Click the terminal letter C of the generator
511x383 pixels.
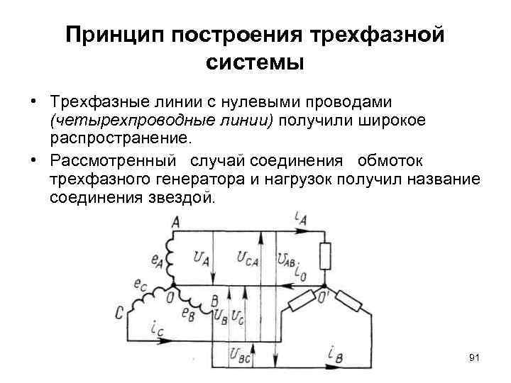[119, 313]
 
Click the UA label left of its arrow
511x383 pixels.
[201, 259]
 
